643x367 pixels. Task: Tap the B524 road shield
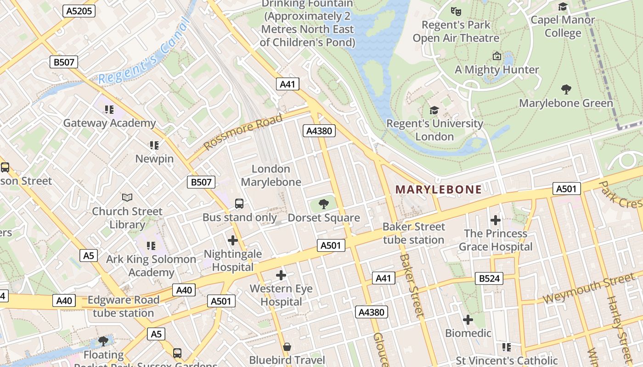click(489, 278)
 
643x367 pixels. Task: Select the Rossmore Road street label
click(243, 132)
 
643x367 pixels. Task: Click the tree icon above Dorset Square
click(324, 203)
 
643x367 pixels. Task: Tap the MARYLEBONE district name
click(439, 189)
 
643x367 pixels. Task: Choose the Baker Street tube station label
click(413, 233)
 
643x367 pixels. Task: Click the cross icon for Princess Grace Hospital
click(495, 220)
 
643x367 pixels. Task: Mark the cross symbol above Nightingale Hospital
click(233, 240)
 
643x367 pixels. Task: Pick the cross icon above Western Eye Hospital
click(281, 275)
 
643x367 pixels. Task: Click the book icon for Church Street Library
click(127, 197)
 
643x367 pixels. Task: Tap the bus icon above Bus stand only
click(239, 203)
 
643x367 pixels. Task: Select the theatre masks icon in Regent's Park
click(456, 11)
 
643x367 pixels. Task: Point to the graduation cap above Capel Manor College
click(563, 6)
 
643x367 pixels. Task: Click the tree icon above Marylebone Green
click(566, 89)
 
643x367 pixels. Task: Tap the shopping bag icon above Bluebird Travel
click(287, 347)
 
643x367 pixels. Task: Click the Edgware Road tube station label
click(124, 306)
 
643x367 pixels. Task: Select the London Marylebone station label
click(271, 175)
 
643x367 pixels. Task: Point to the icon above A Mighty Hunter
click(497, 56)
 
